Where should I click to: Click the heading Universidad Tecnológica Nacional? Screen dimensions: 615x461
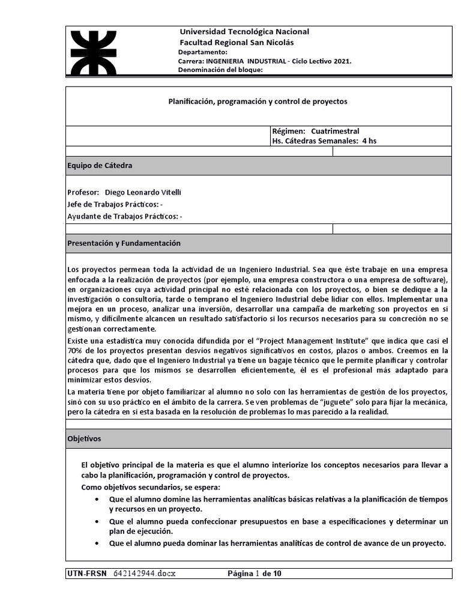click(244, 32)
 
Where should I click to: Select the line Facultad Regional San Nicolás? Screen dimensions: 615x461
click(237, 43)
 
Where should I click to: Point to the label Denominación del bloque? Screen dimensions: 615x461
click(221, 70)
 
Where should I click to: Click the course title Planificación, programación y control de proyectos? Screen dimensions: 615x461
click(258, 101)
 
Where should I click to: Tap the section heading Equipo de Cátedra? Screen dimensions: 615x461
click(100, 165)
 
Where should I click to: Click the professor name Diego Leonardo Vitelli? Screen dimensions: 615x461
click(142, 192)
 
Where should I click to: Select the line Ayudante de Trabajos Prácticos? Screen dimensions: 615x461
click(125, 216)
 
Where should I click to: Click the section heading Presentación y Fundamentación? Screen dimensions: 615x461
click(124, 243)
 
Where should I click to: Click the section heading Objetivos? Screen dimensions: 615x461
click(84, 438)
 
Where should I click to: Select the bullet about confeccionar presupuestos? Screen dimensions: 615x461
click(279, 526)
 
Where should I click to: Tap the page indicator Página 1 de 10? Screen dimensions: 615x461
click(254, 574)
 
